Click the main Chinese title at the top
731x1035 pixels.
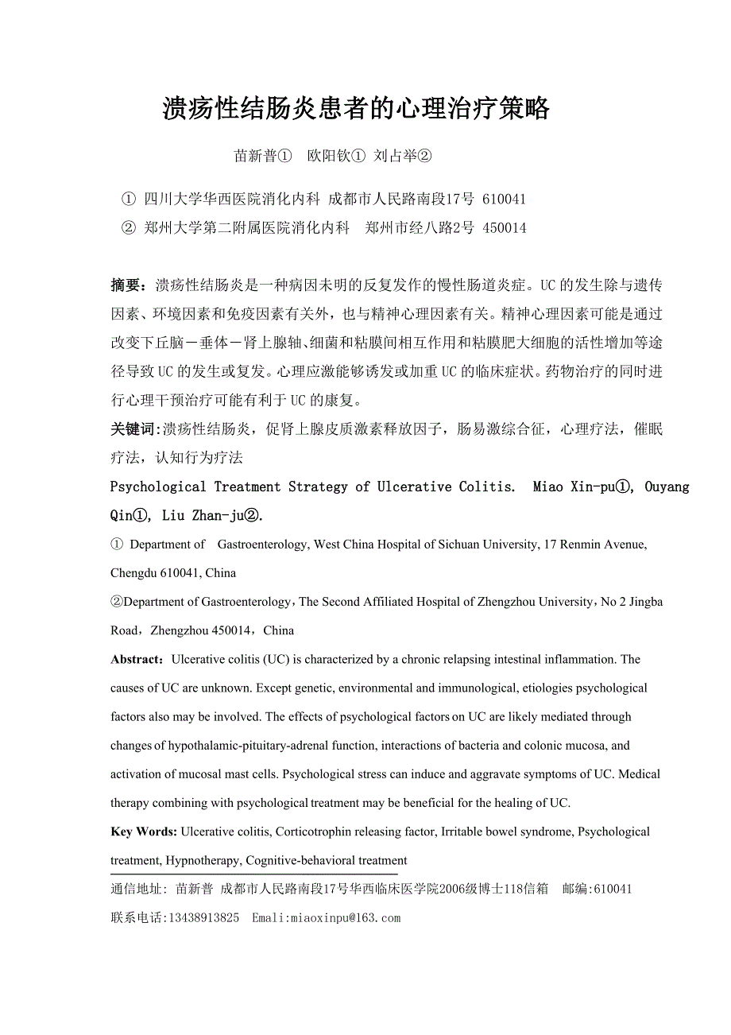tap(356, 109)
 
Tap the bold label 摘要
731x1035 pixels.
tap(126, 285)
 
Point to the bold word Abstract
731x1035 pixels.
tap(137, 659)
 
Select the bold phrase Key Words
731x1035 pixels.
tap(144, 831)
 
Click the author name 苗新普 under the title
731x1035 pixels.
tap(254, 157)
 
